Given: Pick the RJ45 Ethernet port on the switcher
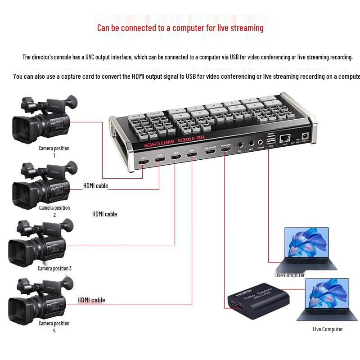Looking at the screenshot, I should [x=285, y=138].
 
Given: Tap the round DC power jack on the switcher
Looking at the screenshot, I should [x=306, y=135].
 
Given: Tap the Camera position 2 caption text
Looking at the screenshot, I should [x=54, y=208].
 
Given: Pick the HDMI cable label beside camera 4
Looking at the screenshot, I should [x=91, y=300].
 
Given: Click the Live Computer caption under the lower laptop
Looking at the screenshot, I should [x=328, y=329].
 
